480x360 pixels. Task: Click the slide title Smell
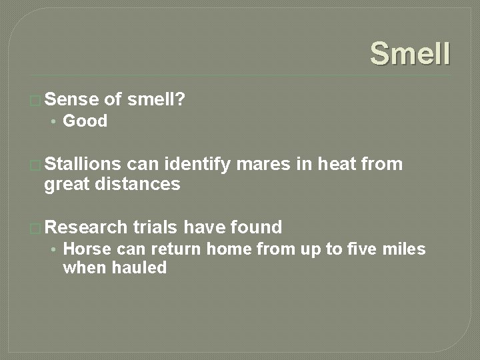[410, 53]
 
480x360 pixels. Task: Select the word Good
[85, 121]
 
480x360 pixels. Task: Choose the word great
[67, 184]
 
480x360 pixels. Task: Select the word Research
[85, 227]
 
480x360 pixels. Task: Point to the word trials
[155, 227]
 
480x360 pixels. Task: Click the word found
[256, 227]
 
